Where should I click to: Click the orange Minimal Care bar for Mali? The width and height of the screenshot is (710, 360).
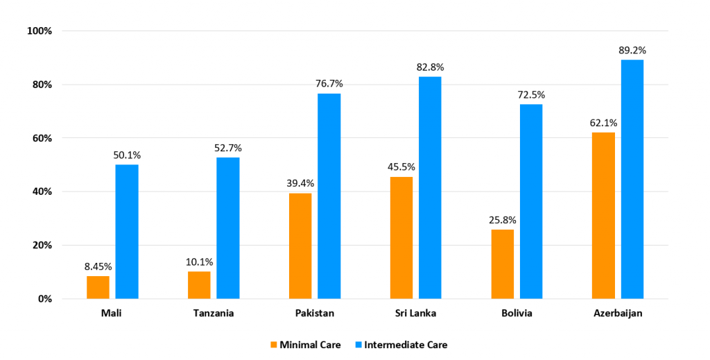[98, 287]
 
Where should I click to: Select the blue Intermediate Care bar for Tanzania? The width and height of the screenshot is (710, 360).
[228, 228]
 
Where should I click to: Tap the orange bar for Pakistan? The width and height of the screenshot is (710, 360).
[300, 246]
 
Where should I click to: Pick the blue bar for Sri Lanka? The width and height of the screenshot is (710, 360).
[430, 187]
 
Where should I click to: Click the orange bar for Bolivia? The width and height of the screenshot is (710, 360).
[503, 264]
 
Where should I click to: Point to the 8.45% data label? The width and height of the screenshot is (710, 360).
[98, 266]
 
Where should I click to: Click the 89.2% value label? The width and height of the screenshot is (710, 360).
[632, 50]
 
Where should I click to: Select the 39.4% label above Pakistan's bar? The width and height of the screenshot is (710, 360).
[300, 183]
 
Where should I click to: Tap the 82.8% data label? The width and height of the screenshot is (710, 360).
[430, 67]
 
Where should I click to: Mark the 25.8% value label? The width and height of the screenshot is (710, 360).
[503, 220]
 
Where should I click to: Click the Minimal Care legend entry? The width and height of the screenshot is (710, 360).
[304, 345]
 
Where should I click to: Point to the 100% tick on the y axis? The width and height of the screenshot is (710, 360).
[40, 31]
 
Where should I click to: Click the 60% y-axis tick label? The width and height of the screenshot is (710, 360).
[42, 138]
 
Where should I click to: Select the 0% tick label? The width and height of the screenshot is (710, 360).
[45, 299]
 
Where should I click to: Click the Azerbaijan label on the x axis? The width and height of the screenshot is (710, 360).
[618, 314]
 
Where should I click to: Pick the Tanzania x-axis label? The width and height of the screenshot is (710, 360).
[214, 314]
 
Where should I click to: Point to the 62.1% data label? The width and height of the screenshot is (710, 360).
[603, 123]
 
